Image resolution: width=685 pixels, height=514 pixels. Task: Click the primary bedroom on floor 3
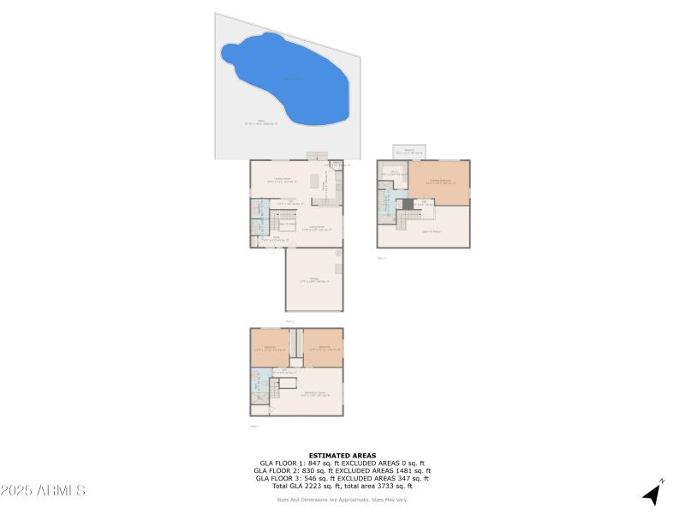(x=438, y=182)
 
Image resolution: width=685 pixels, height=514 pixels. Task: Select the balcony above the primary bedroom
(x=410, y=152)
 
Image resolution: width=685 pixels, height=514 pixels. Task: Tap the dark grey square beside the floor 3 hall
(x=408, y=204)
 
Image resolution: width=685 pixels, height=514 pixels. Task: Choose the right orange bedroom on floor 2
(x=324, y=349)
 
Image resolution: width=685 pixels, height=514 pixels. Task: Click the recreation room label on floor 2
(x=315, y=395)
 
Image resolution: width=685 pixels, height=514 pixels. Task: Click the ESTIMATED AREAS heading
(x=342, y=456)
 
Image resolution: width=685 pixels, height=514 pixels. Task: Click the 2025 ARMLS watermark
(x=43, y=491)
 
